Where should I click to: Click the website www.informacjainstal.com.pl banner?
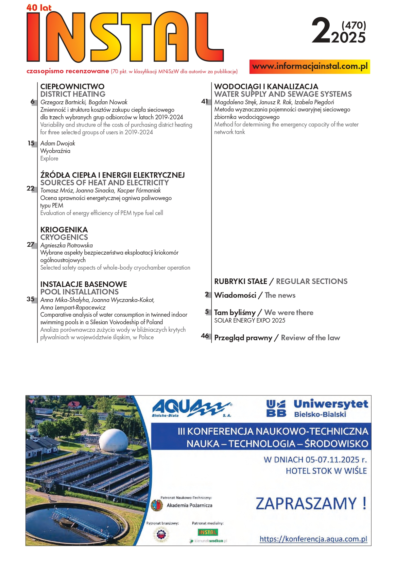pyautogui.click(x=310, y=67)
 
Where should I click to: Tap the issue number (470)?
pyautogui.click(x=353, y=25)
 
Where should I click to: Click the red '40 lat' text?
pyautogui.click(x=39, y=8)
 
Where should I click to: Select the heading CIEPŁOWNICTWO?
pyautogui.click(x=72, y=87)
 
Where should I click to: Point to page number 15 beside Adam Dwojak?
pyautogui.click(x=31, y=143)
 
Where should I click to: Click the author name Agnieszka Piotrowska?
pyautogui.click(x=66, y=245)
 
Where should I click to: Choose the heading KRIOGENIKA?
pyautogui.click(x=64, y=230)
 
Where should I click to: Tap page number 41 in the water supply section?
pyautogui.click(x=205, y=102)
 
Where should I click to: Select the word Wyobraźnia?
pyautogui.click(x=55, y=151)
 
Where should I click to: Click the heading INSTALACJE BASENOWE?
pyautogui.click(x=83, y=284)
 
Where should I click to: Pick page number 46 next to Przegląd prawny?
pyautogui.click(x=205, y=336)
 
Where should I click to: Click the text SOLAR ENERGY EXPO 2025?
pyautogui.click(x=250, y=321)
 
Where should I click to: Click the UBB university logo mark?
pyautogui.click(x=276, y=409)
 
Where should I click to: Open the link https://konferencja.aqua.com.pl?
pyautogui.click(x=313, y=539)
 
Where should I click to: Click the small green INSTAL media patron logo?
pyautogui.click(x=208, y=532)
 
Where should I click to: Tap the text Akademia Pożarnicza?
pyautogui.click(x=189, y=505)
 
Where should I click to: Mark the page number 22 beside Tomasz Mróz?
pyautogui.click(x=30, y=188)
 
